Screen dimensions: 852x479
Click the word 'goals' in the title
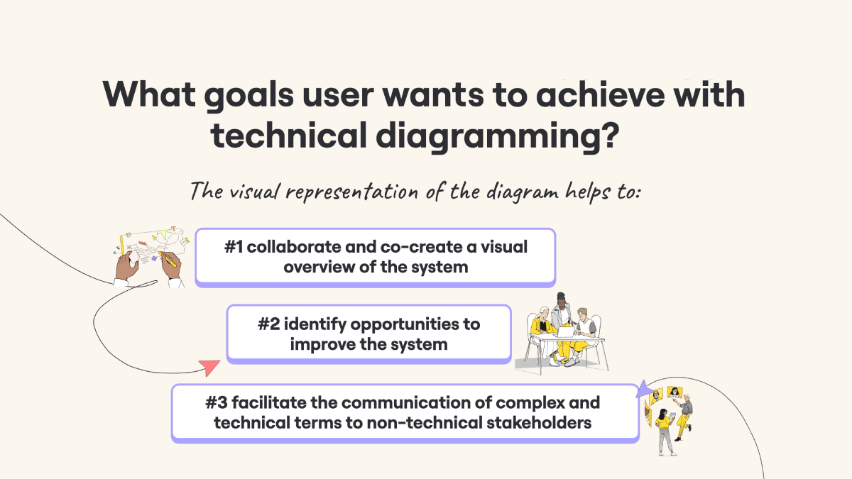248,96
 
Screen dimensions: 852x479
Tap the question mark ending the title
609,134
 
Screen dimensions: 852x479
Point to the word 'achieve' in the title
600,94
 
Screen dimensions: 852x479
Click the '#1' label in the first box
233,247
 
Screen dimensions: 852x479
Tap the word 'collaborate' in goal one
293,247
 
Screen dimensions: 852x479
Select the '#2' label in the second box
269,324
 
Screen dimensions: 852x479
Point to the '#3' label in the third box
217,402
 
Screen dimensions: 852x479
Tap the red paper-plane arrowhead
209,368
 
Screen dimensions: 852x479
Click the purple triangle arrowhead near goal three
645,389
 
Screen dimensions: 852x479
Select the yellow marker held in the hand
168,259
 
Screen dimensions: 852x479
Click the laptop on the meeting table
566,332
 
